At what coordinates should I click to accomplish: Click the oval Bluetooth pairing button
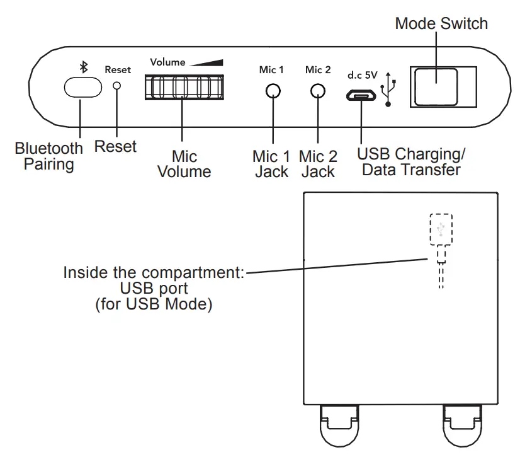[83, 88]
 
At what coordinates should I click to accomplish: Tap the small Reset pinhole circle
[116, 86]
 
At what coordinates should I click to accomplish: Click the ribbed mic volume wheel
[184, 88]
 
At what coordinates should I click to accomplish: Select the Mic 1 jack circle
[273, 91]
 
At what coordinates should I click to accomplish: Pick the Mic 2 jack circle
[318, 91]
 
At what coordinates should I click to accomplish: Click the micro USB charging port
[361, 96]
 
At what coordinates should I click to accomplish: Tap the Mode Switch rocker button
[436, 87]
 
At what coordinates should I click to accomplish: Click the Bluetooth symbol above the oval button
[84, 67]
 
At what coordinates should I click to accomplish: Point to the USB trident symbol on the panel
[388, 89]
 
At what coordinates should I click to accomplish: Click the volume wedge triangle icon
[206, 63]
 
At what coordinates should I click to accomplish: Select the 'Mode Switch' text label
[441, 23]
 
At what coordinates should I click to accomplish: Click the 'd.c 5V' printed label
[363, 76]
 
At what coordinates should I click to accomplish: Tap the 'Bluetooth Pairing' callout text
[48, 156]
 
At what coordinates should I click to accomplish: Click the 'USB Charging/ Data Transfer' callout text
[411, 162]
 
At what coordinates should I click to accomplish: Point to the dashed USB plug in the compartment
[441, 251]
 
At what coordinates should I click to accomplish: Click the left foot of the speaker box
[339, 425]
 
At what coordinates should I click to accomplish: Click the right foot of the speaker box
[462, 425]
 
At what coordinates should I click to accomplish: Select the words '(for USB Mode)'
[154, 304]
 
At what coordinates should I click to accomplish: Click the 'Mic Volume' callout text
[184, 164]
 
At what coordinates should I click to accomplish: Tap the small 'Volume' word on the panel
[167, 62]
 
